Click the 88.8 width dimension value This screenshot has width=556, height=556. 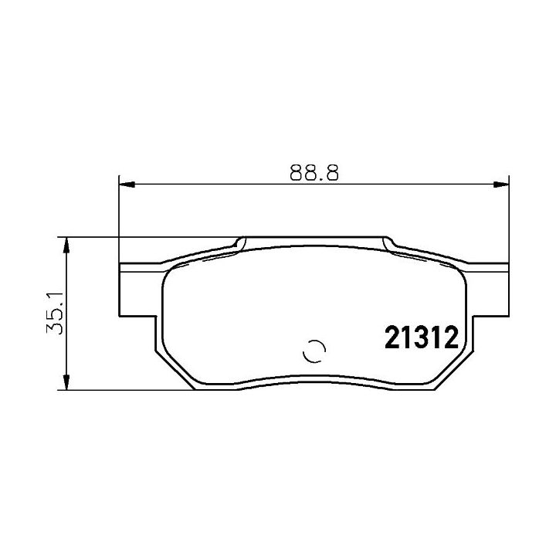click(314, 172)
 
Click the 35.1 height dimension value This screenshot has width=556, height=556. click(55, 313)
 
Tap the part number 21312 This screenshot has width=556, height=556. click(422, 337)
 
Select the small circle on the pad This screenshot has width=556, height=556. click(314, 351)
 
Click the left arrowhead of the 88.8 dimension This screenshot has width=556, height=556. click(127, 185)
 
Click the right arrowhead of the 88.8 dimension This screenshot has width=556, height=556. click(501, 185)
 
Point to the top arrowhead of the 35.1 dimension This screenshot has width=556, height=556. click(66, 245)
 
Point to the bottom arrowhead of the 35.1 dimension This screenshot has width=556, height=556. click(66, 382)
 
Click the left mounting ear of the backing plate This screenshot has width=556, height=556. click(137, 290)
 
